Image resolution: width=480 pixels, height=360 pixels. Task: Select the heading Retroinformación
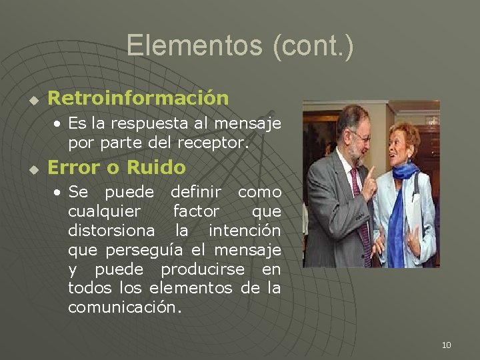pyautogui.click(x=139, y=98)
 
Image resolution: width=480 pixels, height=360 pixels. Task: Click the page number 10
pyautogui.click(x=446, y=345)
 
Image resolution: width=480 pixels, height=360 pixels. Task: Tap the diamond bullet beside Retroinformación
pyautogui.click(x=31, y=101)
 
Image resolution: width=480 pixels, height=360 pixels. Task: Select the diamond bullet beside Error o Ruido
pyautogui.click(x=31, y=169)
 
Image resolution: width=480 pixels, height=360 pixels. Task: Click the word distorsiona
pyautogui.click(x=111, y=231)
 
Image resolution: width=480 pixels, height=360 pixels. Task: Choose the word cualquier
pyautogui.click(x=105, y=212)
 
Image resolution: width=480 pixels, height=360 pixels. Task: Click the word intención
pyautogui.click(x=244, y=231)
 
